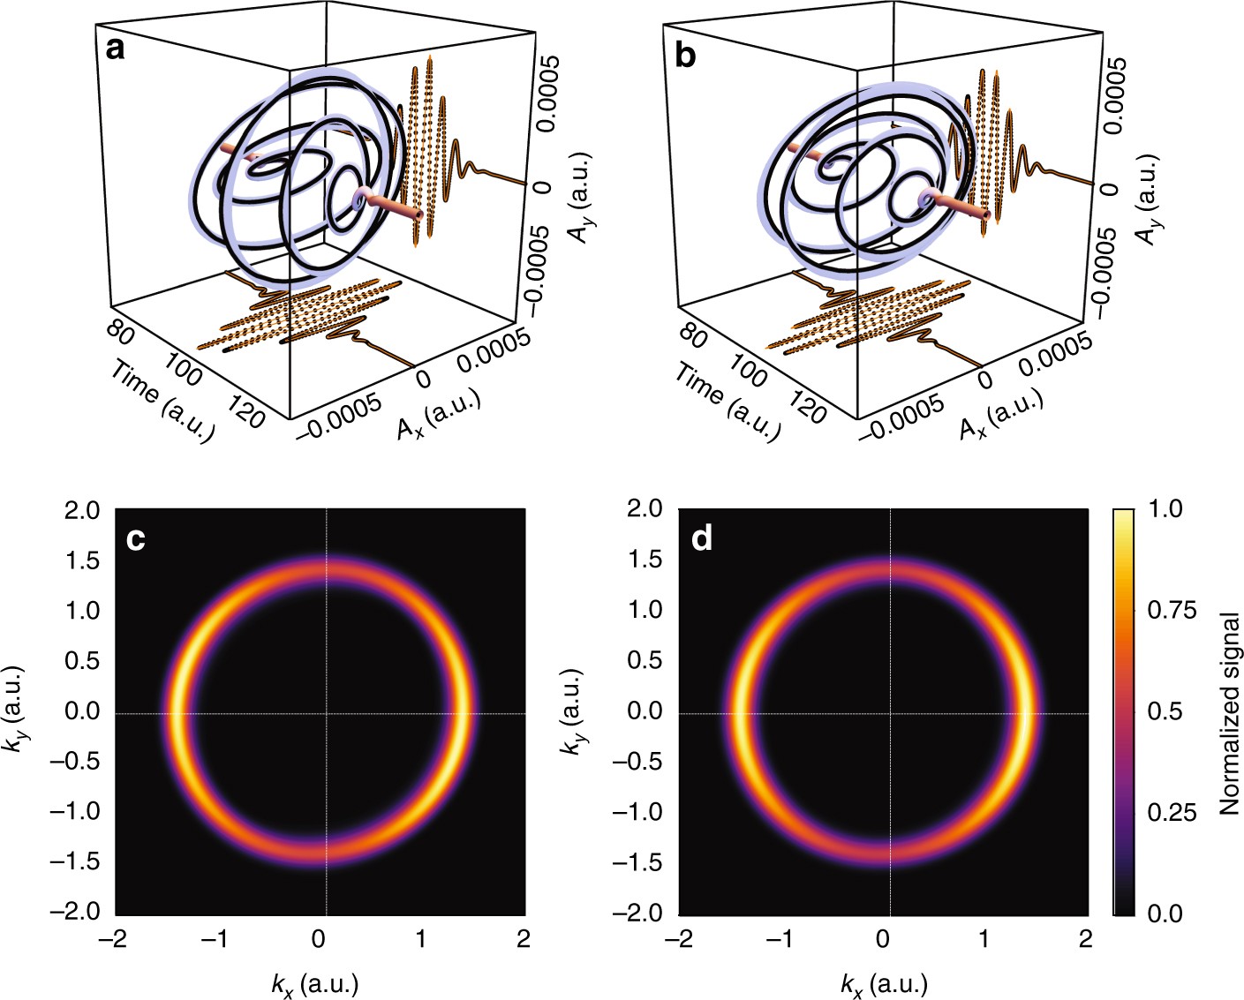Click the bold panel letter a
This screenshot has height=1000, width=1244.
pyautogui.click(x=115, y=49)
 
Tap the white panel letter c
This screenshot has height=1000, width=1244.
pyautogui.click(x=135, y=538)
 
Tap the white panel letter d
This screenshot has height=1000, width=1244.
pyautogui.click(x=702, y=538)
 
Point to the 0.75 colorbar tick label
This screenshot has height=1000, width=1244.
pyautogui.click(x=1171, y=611)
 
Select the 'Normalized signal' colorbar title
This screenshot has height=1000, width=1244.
pyautogui.click(x=1229, y=713)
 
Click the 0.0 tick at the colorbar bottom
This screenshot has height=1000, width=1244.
pyautogui.click(x=1165, y=914)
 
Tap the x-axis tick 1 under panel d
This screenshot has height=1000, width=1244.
pyautogui.click(x=984, y=939)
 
